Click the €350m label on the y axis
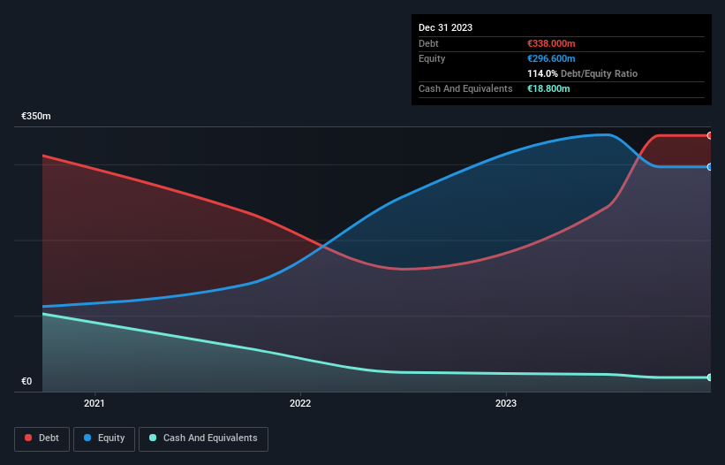coord(36,117)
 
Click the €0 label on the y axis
coord(26,382)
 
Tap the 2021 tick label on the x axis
coord(94,404)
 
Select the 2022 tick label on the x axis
coord(300,404)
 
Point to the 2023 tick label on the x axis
coord(506,404)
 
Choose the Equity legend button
coord(104,438)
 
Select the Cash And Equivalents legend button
coord(203,438)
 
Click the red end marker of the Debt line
coord(710,135)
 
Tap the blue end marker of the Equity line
coord(710,166)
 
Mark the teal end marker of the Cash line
coord(710,377)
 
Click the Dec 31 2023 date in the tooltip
coord(445,27)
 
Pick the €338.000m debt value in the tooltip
coord(551,43)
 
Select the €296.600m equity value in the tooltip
coord(551,58)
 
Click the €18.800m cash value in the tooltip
coord(548,88)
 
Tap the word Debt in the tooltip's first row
coord(428,43)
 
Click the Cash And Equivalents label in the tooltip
coord(465,88)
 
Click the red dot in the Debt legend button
coord(28,438)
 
